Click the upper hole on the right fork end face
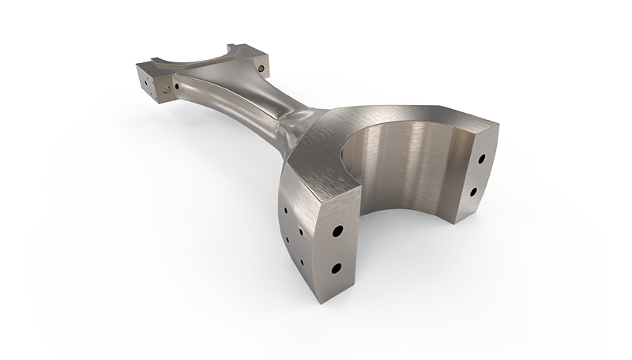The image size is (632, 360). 480,159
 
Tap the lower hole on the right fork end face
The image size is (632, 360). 473,191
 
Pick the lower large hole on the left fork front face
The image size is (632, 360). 335,268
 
